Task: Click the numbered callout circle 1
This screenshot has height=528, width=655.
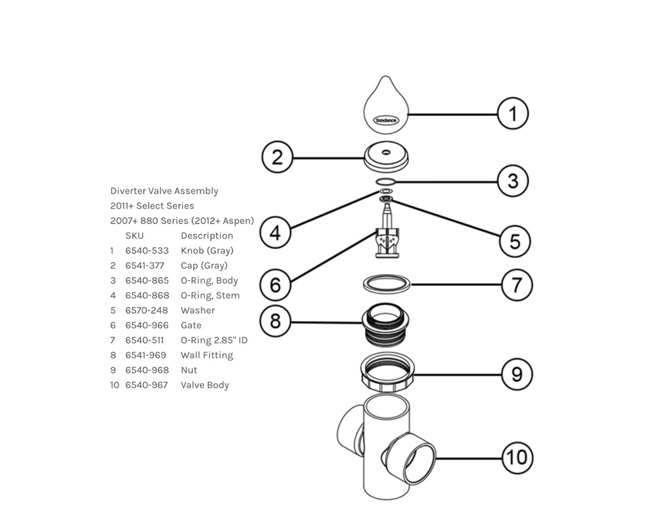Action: click(513, 113)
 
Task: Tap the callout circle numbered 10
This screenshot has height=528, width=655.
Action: click(517, 457)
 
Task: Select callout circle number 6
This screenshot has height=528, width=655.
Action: click(275, 285)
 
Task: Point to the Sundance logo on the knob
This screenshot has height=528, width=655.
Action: click(386, 121)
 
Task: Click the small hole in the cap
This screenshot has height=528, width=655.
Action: click(386, 152)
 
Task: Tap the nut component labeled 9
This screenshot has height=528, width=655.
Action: click(387, 373)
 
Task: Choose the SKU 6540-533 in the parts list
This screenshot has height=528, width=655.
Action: click(147, 251)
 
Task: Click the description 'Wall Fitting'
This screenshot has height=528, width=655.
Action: click(207, 356)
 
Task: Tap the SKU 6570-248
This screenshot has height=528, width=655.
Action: click(147, 311)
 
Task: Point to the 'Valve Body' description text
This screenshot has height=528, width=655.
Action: click(204, 385)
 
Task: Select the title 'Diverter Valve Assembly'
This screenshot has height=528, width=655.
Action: click(164, 191)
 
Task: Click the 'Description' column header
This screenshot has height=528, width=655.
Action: click(207, 236)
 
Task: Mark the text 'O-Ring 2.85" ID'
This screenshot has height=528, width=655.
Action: click(214, 341)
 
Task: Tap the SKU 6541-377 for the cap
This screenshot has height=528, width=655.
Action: click(145, 266)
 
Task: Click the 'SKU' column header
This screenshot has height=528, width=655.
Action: click(134, 236)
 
